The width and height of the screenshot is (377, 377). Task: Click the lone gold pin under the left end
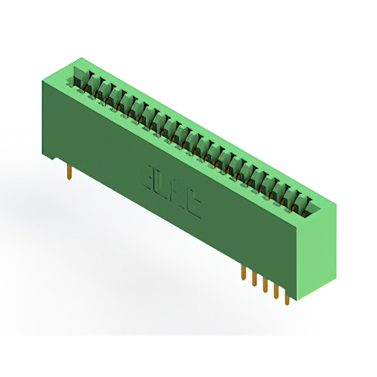70,172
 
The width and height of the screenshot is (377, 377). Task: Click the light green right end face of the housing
319,253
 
